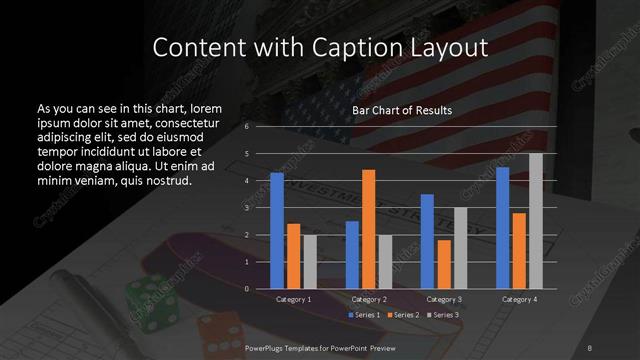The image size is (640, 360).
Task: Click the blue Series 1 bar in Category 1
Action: [276, 231]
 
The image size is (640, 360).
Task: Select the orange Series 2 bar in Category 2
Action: [369, 229]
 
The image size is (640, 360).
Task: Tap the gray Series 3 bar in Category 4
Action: [536, 221]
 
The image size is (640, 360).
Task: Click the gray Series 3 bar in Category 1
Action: [310, 262]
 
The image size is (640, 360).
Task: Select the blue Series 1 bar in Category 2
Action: [352, 255]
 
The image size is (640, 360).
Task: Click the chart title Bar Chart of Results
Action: [403, 110]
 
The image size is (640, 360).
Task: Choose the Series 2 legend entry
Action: [405, 315]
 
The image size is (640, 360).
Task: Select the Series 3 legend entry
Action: [445, 315]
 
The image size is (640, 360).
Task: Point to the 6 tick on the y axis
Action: [248, 127]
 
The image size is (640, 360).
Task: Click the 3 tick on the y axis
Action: [248, 208]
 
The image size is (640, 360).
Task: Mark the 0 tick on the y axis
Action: [248, 289]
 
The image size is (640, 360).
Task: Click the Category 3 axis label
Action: [444, 299]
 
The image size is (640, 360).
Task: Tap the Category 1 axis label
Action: [293, 299]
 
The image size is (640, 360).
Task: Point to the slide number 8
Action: [590, 346]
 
